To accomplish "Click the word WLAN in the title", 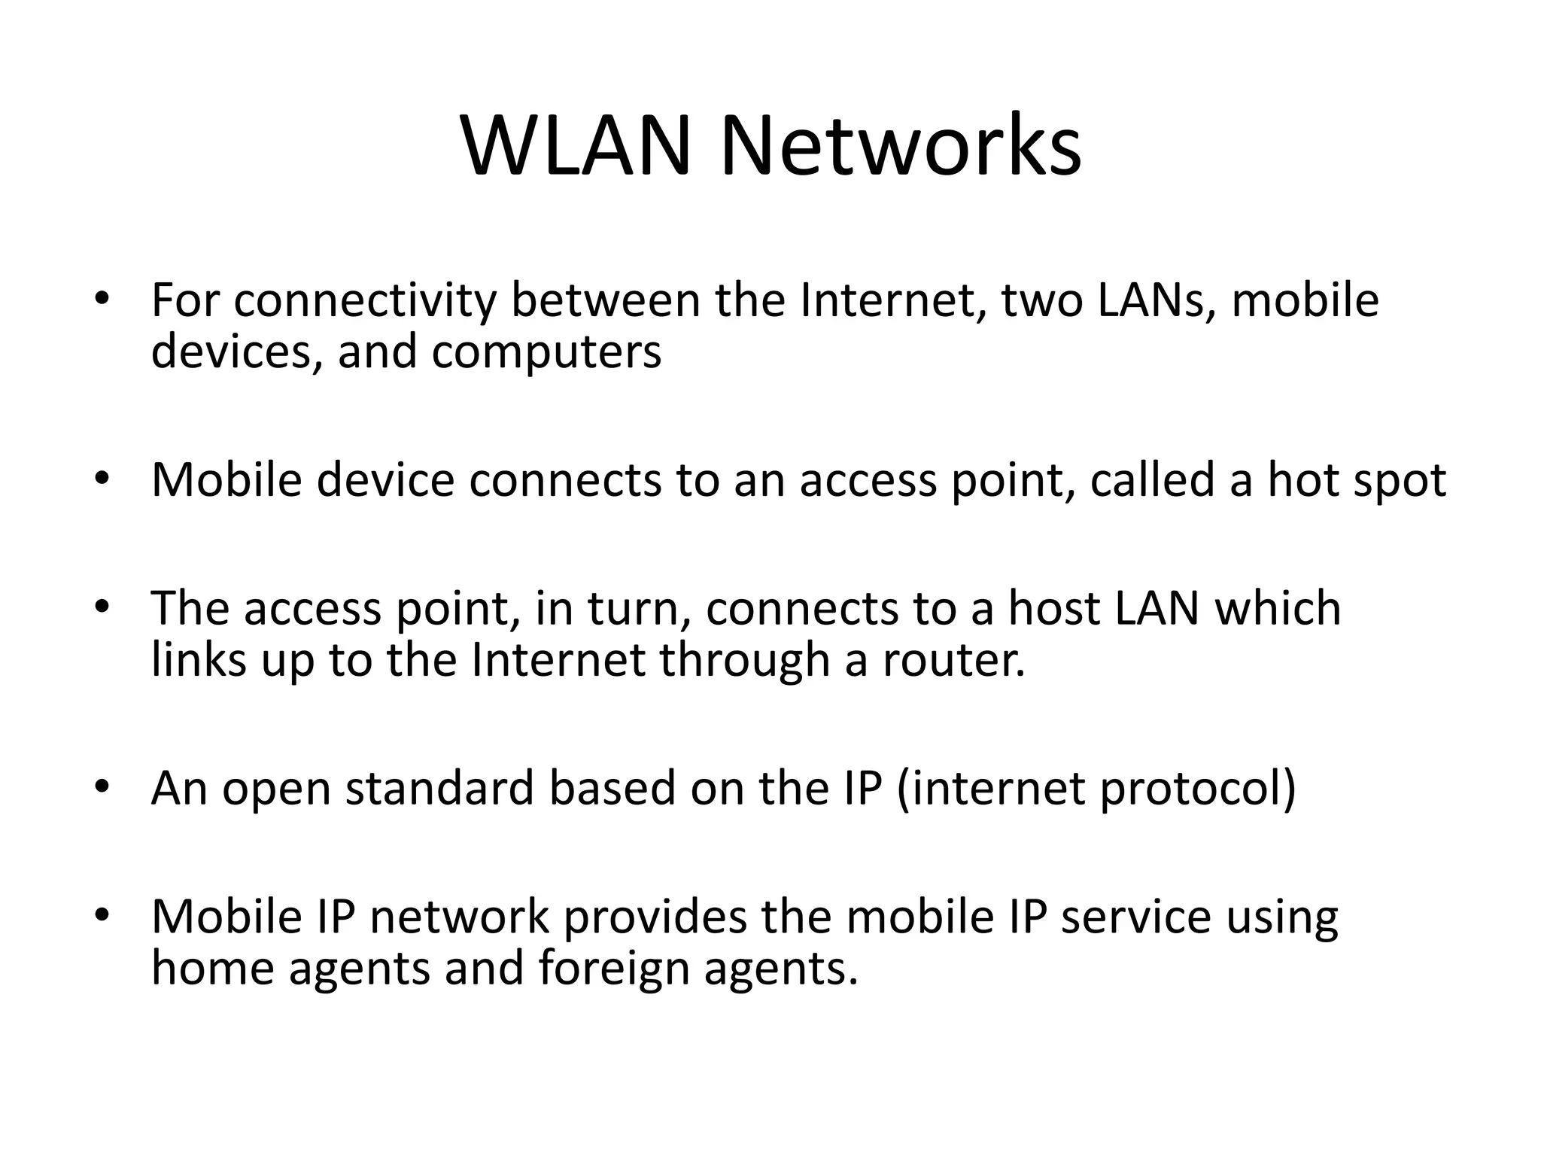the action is tap(576, 146).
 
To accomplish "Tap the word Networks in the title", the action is tap(901, 146).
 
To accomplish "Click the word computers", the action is tap(546, 352).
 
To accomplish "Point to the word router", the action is tap(953, 660).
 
